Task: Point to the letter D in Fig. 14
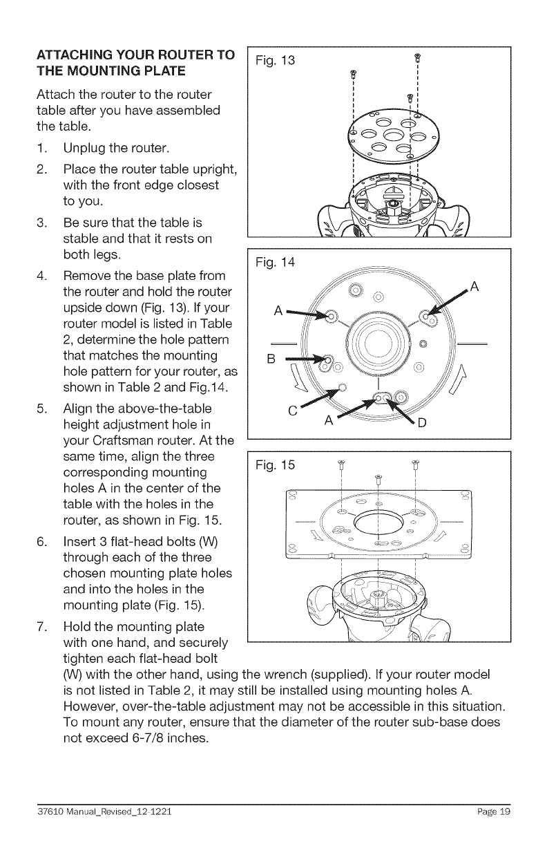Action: coord(423,424)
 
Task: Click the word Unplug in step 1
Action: coord(86,149)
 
